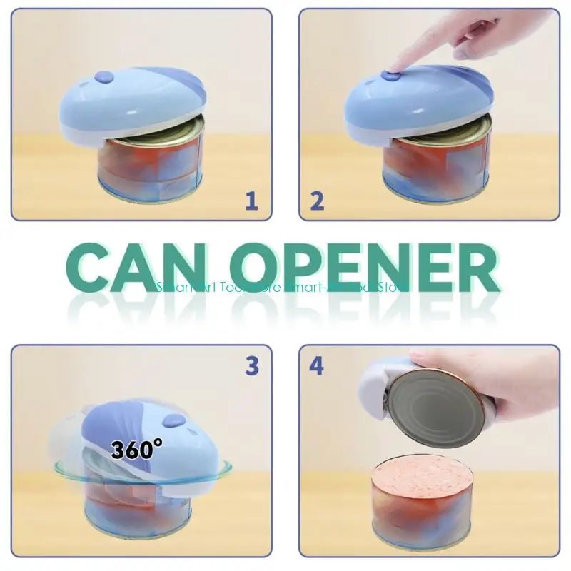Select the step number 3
coord(251,365)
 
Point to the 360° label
coord(136,450)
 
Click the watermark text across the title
coord(282,287)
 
